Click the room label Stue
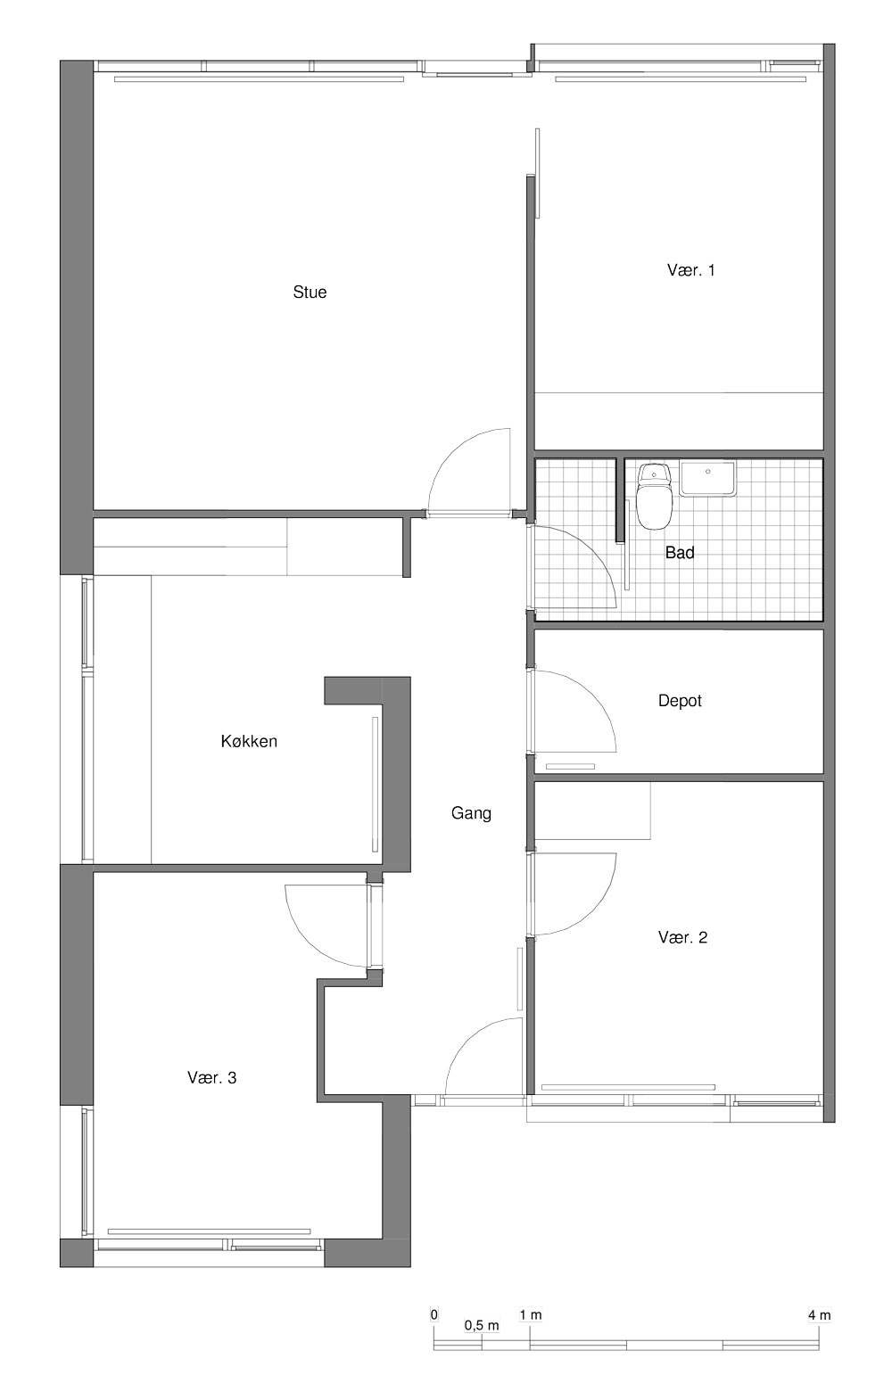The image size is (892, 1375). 310,292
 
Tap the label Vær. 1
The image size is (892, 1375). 690,270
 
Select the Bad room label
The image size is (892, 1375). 680,553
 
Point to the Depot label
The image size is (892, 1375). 680,701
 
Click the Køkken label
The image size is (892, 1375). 249,741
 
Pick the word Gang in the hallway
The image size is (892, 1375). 471,813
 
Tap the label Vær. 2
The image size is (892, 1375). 682,937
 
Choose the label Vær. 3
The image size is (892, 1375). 211,1078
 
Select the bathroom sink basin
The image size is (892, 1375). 707,479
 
